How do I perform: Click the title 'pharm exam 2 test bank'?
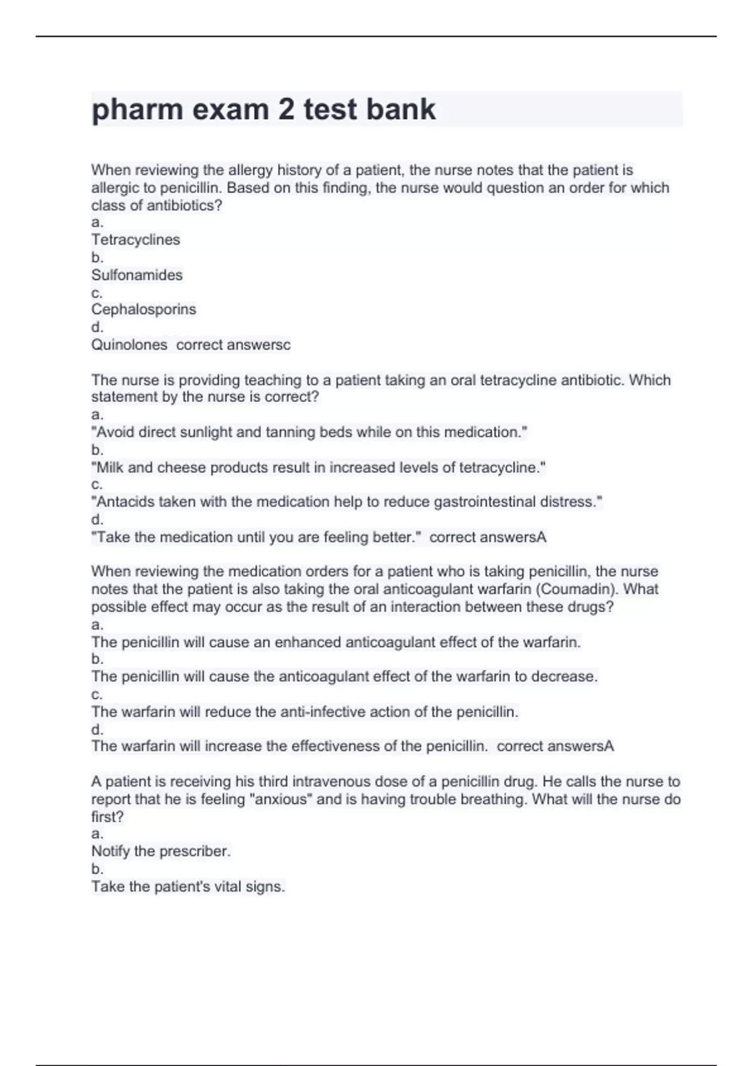click(264, 110)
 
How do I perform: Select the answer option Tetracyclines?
click(136, 240)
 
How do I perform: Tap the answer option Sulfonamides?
click(137, 275)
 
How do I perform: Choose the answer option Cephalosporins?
click(144, 309)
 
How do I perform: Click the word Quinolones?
click(129, 344)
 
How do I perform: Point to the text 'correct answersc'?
click(233, 344)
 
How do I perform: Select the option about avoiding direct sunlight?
click(309, 432)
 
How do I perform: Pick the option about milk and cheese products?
click(318, 467)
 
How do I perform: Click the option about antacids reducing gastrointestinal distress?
click(347, 502)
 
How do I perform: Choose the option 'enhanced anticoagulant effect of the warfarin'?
click(336, 642)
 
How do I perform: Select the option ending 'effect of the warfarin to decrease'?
click(344, 677)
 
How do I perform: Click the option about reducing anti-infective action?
click(305, 712)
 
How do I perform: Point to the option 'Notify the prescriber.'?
click(161, 851)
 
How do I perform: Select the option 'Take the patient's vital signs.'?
click(188, 886)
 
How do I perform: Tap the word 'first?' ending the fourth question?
click(107, 816)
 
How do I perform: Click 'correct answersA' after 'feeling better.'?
click(488, 537)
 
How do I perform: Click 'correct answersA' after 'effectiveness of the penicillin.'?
click(555, 746)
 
